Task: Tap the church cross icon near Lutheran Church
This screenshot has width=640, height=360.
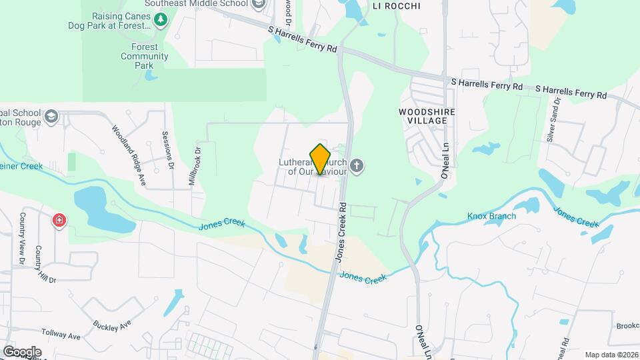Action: click(x=357, y=166)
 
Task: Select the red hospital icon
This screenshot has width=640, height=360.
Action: click(x=60, y=220)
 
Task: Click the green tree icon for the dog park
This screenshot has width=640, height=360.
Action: click(x=160, y=20)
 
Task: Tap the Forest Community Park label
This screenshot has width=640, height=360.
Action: click(x=145, y=57)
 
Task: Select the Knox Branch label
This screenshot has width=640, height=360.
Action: click(x=492, y=216)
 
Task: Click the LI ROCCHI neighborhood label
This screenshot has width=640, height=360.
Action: click(x=397, y=6)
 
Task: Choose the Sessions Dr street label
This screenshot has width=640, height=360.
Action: click(x=169, y=149)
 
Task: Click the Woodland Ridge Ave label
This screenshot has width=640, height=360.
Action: click(x=129, y=147)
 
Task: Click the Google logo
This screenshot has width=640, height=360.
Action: click(x=22, y=351)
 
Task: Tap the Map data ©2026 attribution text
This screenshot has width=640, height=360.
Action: click(x=610, y=355)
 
